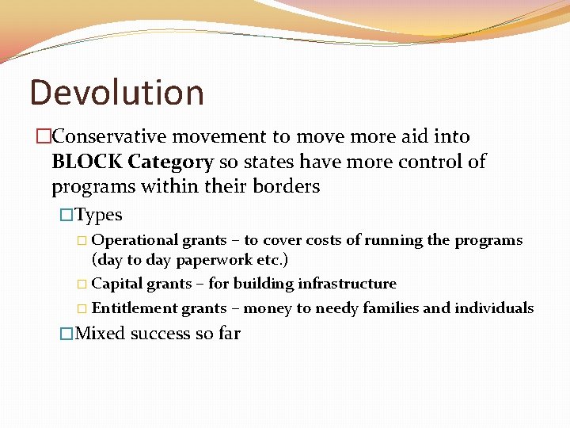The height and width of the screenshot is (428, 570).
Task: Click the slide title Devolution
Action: [116, 92]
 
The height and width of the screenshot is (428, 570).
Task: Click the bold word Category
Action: [170, 162]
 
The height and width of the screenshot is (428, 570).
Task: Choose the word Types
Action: [98, 215]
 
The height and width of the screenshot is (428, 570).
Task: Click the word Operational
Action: [135, 240]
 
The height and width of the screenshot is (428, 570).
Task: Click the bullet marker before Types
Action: [67, 215]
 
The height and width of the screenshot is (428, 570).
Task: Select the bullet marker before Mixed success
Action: [67, 334]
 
